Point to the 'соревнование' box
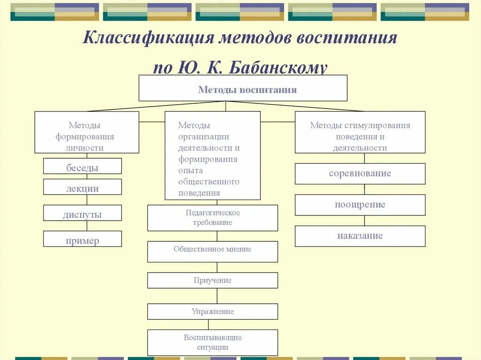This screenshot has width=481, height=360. [x=360, y=174]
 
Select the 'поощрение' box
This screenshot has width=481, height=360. [x=360, y=205]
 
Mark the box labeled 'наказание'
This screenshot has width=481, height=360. [x=360, y=236]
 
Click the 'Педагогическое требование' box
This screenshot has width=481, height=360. [x=212, y=218]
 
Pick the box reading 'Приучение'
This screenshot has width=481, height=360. [x=212, y=280]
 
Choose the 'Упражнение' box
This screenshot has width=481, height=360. [x=212, y=312]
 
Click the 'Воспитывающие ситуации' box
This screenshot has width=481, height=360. [x=212, y=343]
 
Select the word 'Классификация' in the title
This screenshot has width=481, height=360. [x=147, y=38]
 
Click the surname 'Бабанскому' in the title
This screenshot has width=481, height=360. [x=278, y=68]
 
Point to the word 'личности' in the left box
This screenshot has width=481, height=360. [x=85, y=148]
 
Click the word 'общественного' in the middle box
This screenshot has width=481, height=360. [x=209, y=182]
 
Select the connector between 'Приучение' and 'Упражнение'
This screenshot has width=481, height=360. [x=217, y=296]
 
